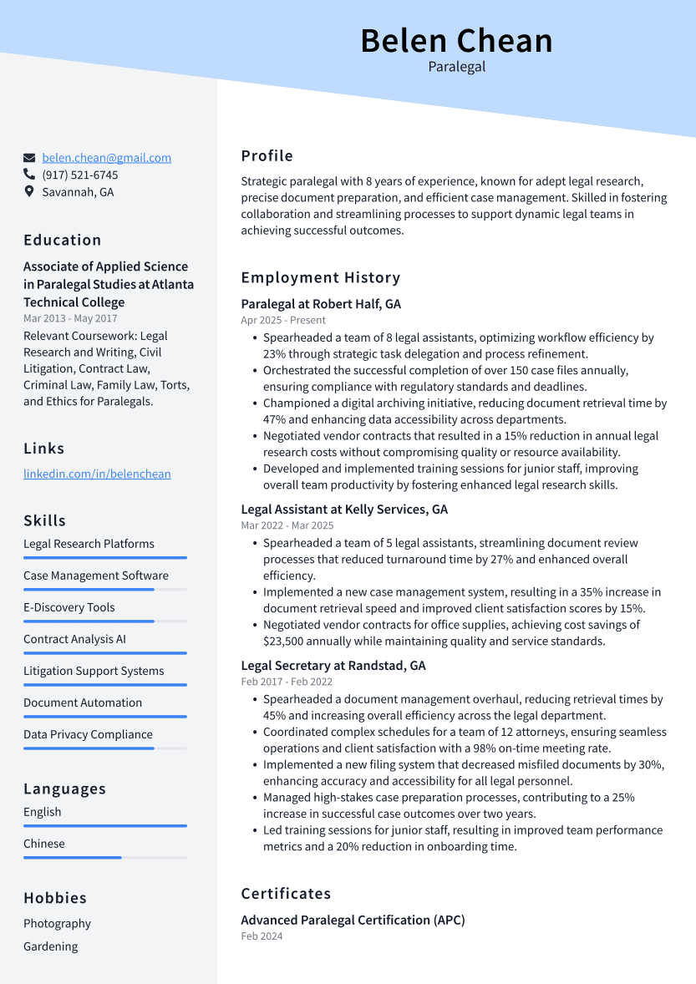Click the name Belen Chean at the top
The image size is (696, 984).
[456, 40]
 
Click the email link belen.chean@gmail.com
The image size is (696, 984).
[106, 157]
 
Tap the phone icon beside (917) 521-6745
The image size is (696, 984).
[29, 175]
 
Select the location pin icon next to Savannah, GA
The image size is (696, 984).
[29, 192]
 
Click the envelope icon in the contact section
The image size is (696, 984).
[29, 157]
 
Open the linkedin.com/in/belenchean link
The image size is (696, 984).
[97, 474]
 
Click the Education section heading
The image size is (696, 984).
[62, 240]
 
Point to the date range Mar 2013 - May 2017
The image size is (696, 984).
[70, 318]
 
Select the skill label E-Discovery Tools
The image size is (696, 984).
[69, 607]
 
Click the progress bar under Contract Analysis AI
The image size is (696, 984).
[104, 653]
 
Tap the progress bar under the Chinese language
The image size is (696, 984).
[104, 857]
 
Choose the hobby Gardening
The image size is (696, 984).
[50, 946]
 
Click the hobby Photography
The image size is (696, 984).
[57, 923]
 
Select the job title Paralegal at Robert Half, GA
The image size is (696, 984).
[321, 304]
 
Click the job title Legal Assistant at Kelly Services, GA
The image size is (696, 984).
[344, 509]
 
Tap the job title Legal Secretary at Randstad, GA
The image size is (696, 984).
[333, 666]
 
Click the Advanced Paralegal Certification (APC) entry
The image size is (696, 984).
[353, 920]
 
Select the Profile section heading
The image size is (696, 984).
[267, 155]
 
